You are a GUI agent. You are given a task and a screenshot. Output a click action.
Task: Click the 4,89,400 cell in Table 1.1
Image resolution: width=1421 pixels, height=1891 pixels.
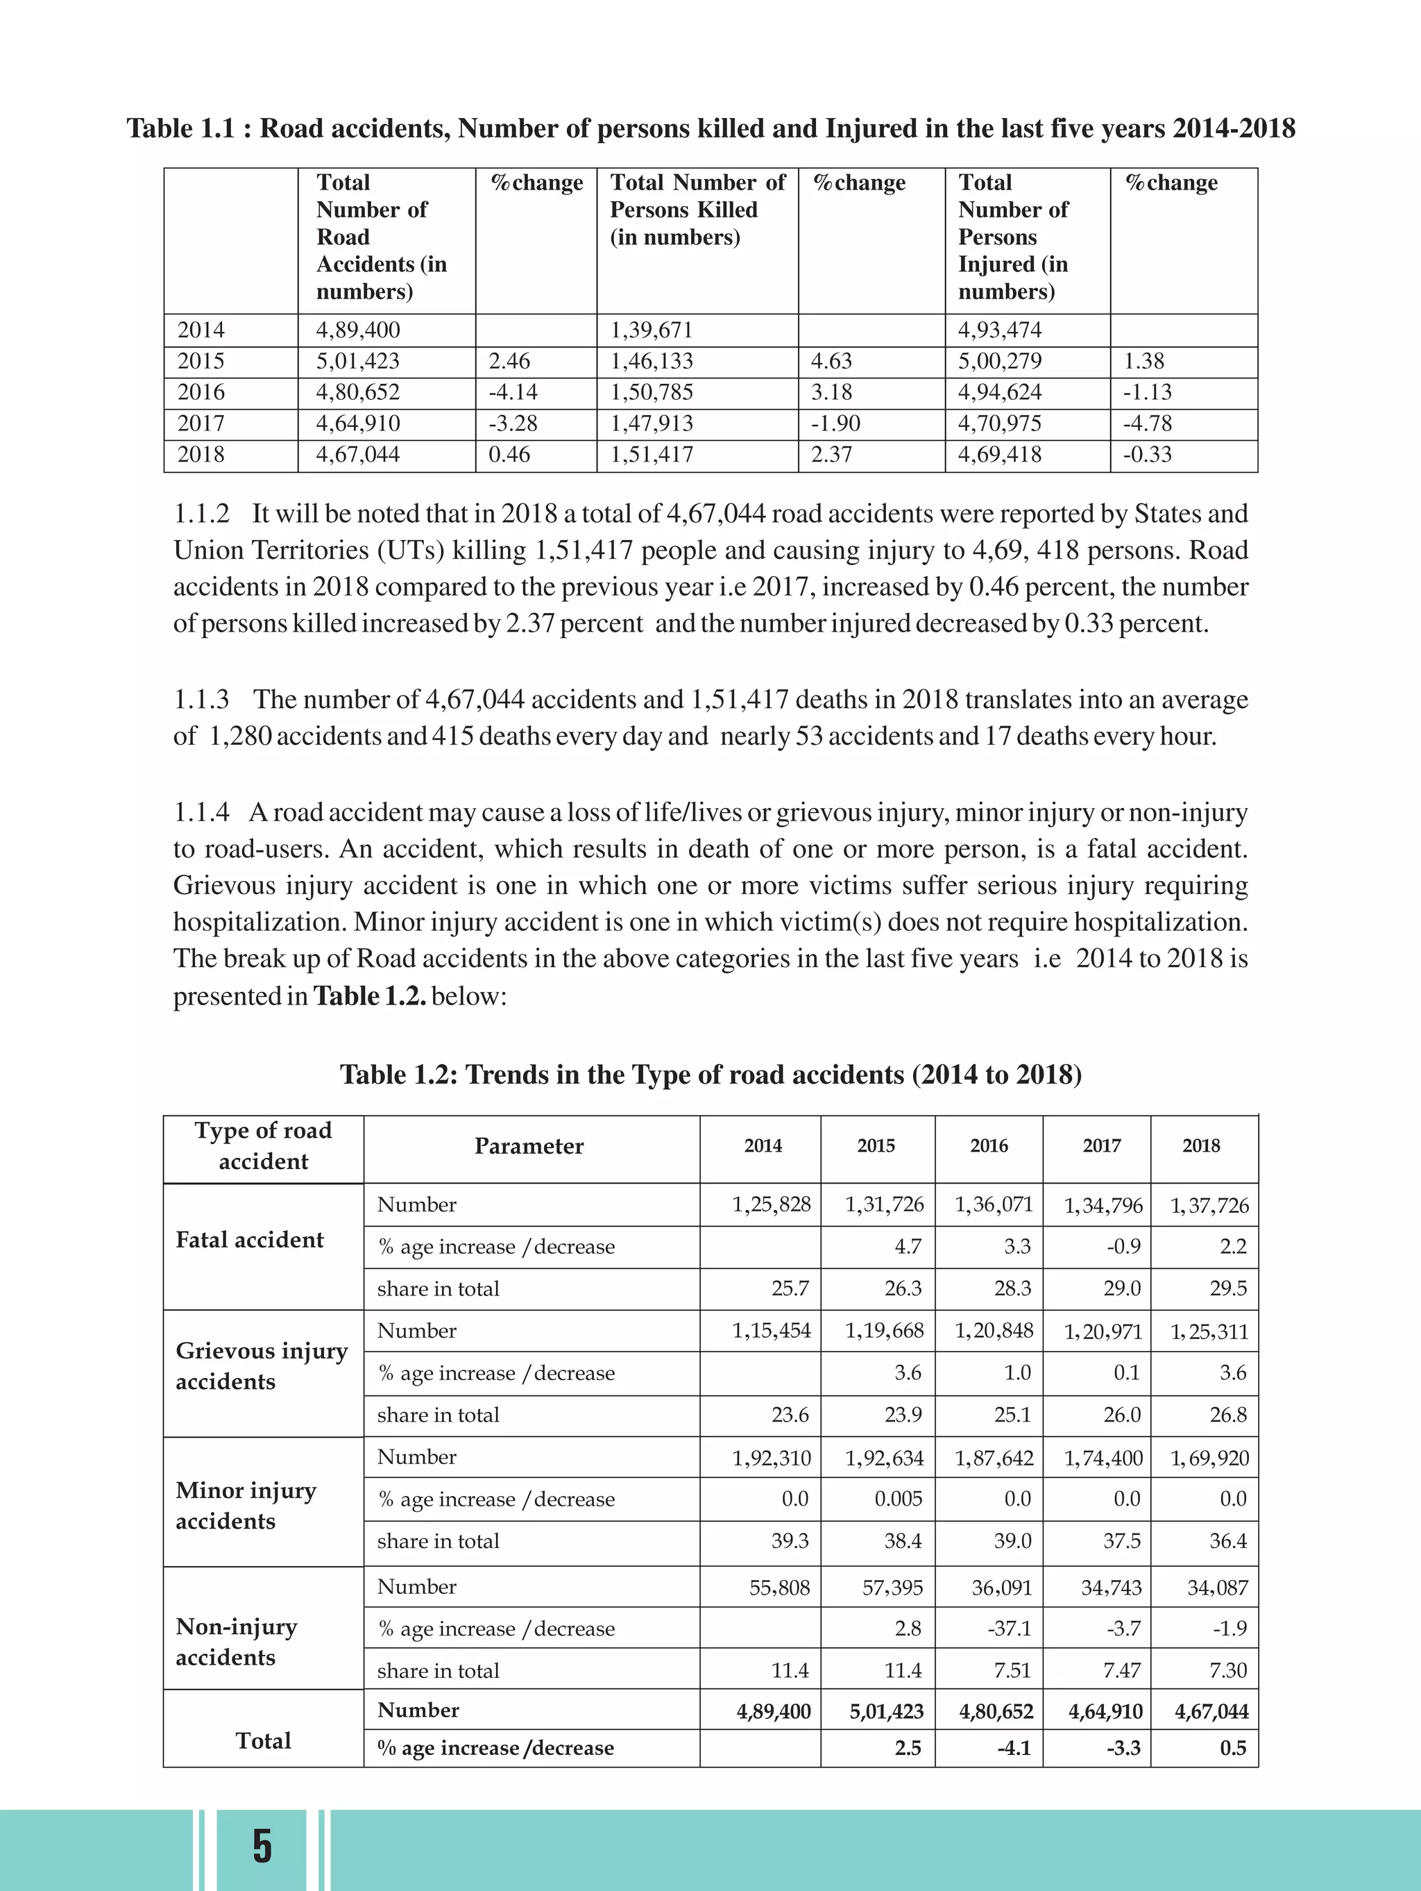[358, 330]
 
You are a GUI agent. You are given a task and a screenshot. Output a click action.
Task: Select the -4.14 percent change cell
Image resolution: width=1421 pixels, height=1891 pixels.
[513, 392]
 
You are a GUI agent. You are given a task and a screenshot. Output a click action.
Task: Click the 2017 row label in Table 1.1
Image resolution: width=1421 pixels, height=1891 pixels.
[201, 424]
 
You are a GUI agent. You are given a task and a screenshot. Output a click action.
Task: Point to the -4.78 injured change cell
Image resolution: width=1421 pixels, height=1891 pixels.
[1147, 424]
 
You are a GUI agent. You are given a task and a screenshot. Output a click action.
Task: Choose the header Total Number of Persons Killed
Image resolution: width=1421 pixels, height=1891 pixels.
[697, 210]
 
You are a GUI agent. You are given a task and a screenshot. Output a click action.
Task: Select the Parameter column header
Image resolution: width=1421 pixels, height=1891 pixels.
[529, 1146]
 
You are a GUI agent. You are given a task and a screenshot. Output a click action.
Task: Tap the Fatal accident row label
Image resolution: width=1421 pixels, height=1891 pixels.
[250, 1241]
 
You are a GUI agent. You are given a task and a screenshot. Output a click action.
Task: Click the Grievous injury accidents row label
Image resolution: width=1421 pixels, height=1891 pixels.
[262, 1366]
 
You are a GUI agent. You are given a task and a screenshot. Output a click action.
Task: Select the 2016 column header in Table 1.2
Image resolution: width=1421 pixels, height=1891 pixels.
[989, 1146]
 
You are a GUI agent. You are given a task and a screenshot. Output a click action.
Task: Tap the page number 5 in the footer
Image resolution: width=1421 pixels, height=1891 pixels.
[262, 1846]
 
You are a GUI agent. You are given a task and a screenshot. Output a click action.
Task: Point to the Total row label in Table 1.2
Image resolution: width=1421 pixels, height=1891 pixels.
[263, 1740]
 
